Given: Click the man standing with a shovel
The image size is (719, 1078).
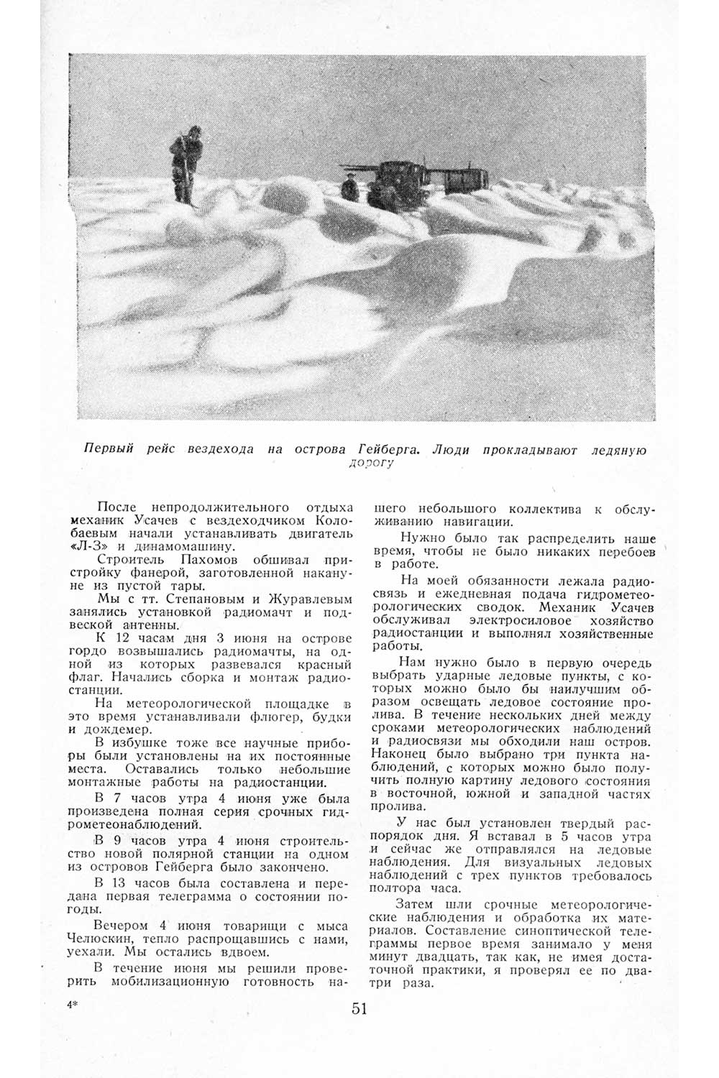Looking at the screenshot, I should (185, 162).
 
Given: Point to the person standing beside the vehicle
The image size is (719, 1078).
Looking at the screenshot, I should (349, 186).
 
